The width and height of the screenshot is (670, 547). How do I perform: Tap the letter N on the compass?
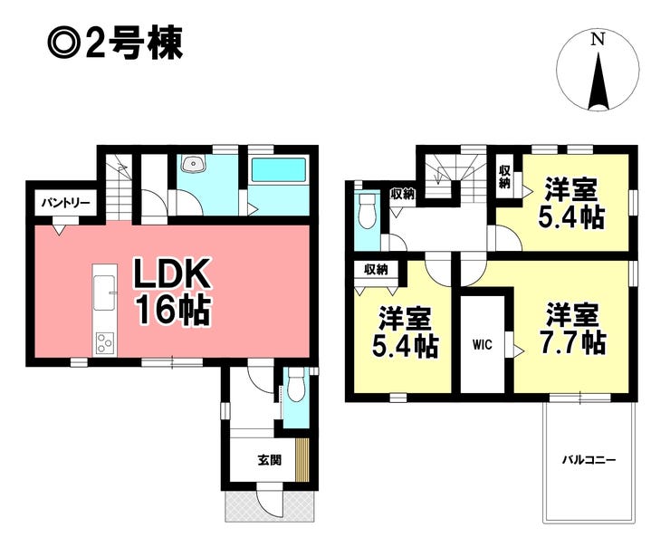click(598, 40)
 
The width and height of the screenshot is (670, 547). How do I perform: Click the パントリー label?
click(65, 203)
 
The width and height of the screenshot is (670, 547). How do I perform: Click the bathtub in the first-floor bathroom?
click(279, 169)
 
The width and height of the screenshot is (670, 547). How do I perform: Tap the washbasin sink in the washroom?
click(193, 163)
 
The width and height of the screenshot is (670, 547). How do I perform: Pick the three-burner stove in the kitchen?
click(105, 342)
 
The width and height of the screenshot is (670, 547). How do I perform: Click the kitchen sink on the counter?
click(104, 293)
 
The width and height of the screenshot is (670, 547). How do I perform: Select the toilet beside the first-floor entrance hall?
click(296, 385)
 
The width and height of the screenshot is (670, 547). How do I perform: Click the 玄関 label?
click(269, 460)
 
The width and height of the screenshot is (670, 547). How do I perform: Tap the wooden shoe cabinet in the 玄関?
click(302, 459)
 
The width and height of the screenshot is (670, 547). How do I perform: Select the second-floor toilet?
click(367, 212)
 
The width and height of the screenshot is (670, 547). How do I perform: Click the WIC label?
click(483, 344)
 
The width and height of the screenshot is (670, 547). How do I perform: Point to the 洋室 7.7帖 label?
click(572, 329)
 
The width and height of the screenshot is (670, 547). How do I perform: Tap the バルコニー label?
click(589, 460)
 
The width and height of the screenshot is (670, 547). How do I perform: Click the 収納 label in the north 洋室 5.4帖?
click(504, 177)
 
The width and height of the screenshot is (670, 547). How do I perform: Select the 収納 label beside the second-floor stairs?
click(403, 195)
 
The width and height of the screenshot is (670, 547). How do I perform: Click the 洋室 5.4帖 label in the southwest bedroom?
click(405, 331)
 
